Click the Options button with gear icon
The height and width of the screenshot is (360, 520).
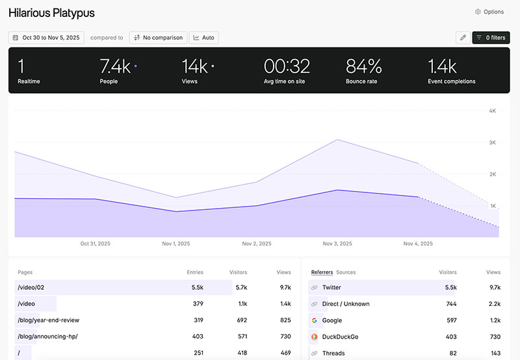pos(489,12)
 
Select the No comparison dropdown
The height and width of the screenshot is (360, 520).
pos(159,38)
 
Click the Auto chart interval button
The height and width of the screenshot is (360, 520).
pos(203,38)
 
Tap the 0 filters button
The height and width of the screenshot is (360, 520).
pos(491,38)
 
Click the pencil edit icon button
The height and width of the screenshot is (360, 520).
pos(463,38)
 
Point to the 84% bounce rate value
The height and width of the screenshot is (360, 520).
pos(363,66)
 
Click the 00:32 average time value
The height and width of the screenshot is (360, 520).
pos(287,66)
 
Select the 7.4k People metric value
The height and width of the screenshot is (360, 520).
pos(115,66)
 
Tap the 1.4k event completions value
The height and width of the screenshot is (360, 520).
pos(442,66)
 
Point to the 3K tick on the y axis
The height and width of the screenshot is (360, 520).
pos(493,142)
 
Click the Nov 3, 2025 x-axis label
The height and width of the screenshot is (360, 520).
pos(337,244)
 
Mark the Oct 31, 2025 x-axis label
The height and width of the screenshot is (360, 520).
pos(95,244)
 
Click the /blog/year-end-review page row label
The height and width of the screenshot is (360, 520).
pos(49,320)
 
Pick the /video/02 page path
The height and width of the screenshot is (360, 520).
pos(31,287)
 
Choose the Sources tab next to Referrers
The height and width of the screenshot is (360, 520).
pos(346,272)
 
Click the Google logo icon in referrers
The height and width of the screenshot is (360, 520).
pos(315,320)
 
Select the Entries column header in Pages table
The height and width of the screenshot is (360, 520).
pos(195,272)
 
